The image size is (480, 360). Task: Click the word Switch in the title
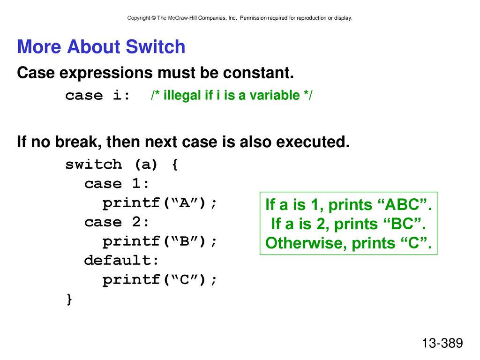point(156,46)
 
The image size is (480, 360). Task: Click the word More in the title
point(39,46)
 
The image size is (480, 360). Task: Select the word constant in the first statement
point(258,73)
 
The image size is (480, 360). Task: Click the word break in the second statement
point(78,142)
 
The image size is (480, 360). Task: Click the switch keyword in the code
point(94,165)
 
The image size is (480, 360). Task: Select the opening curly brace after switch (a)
point(175,165)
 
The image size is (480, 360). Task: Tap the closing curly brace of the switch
point(69,299)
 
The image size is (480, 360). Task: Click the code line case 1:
point(117,184)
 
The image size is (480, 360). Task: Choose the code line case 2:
point(117,222)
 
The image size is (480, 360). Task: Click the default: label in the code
point(121,260)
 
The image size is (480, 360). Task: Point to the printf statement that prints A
point(159,203)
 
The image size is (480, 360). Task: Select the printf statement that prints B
point(159,241)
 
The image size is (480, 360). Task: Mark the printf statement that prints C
point(159,279)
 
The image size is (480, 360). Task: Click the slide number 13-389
point(442,343)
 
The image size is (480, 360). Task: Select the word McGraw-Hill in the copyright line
point(182,18)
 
